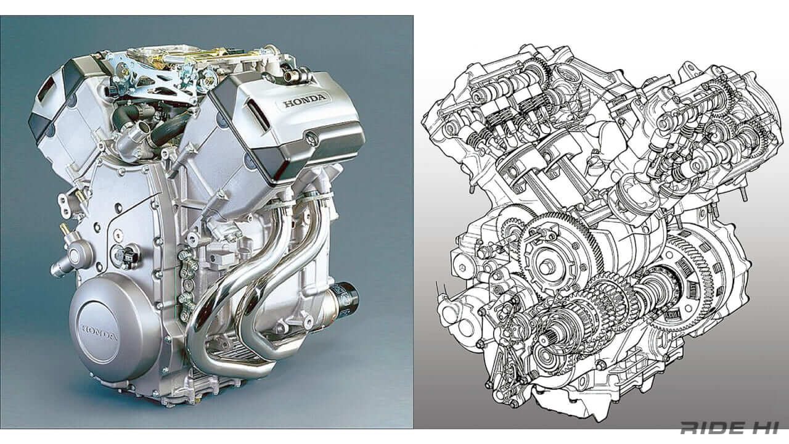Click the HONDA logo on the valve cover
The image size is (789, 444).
pyautogui.click(x=306, y=102)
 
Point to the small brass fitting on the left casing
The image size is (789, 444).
pyautogui.click(x=64, y=229)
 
